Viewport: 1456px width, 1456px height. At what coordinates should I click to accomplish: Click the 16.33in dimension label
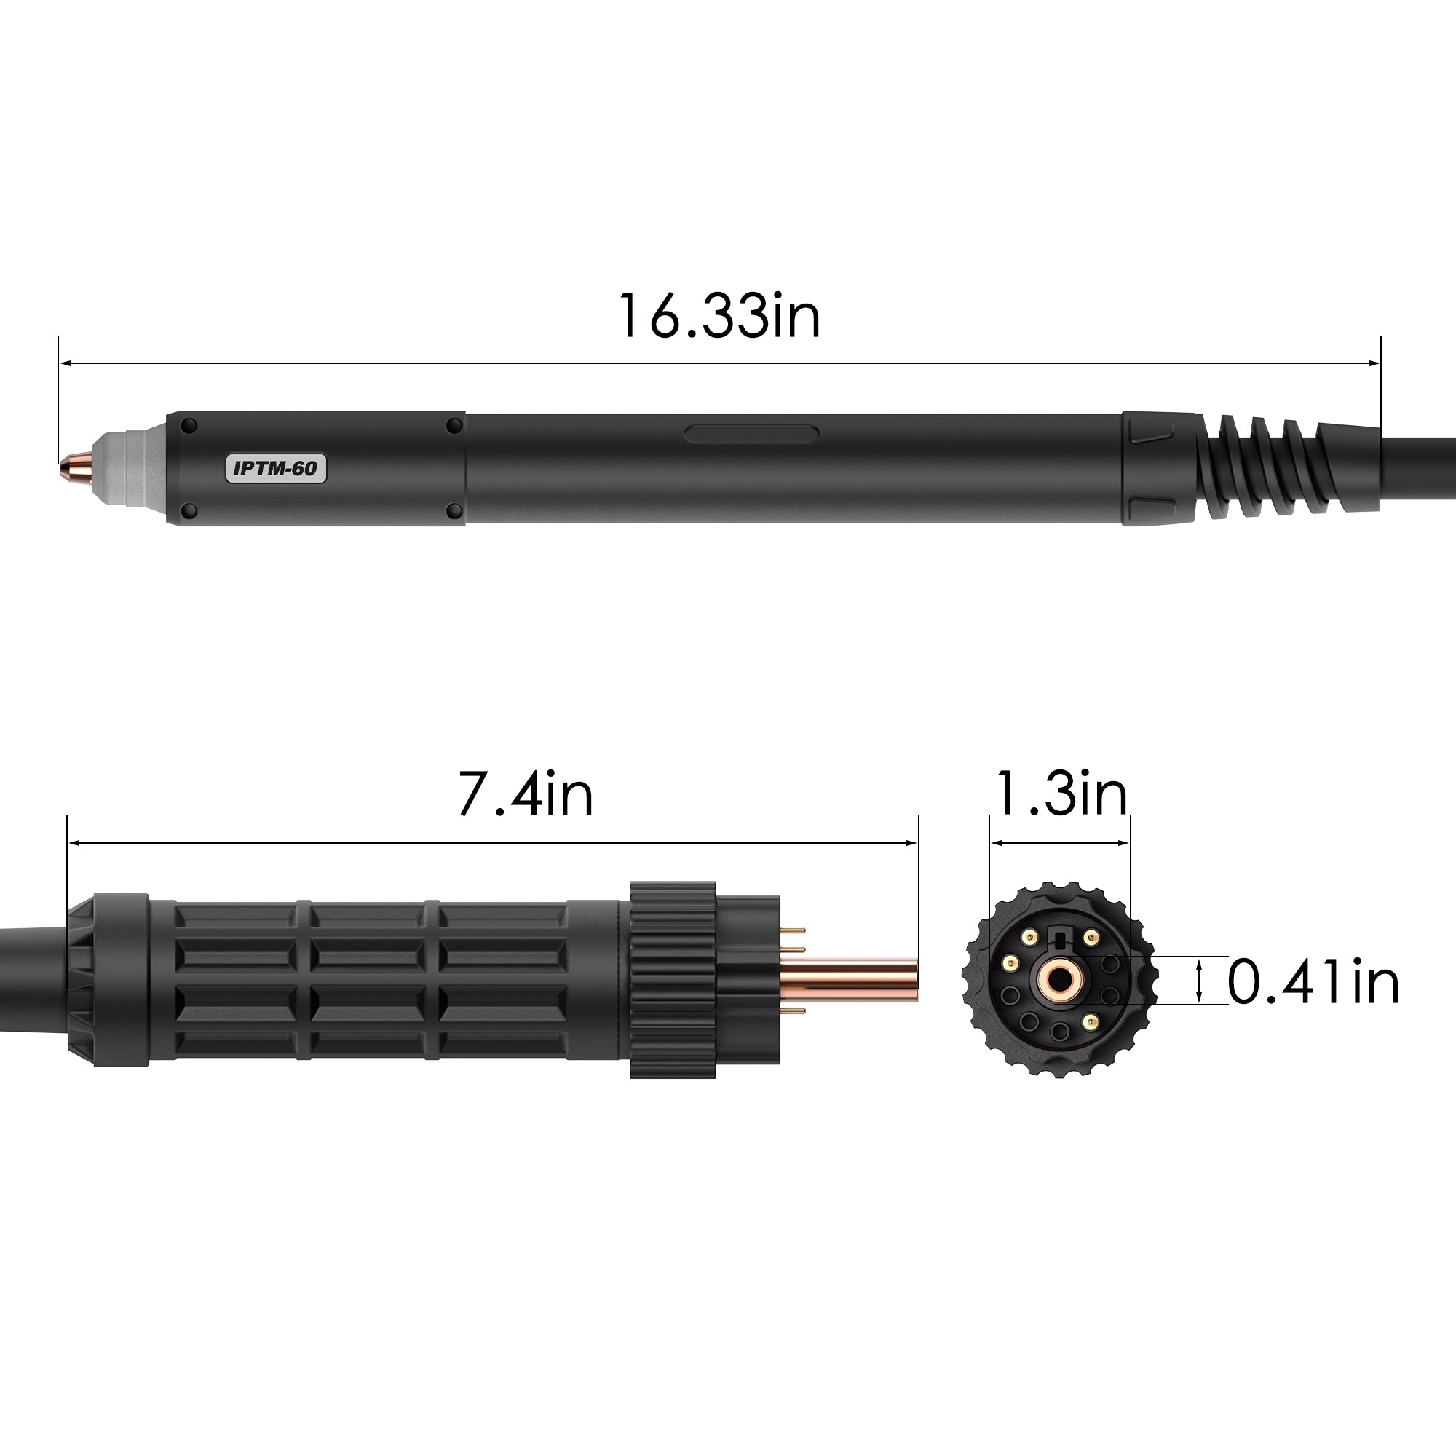click(x=719, y=317)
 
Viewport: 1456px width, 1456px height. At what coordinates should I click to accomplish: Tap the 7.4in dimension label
click(x=526, y=794)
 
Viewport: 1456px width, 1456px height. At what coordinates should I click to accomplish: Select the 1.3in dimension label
click(x=1061, y=794)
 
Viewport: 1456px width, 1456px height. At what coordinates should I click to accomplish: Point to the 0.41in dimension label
click(x=1313, y=981)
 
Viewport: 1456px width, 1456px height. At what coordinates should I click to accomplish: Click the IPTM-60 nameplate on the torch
click(x=276, y=468)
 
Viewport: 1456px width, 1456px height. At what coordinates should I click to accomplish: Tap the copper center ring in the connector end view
click(x=1059, y=981)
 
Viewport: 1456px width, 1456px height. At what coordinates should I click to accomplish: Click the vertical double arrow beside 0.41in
click(x=1199, y=981)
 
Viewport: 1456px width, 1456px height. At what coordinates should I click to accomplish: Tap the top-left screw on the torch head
click(x=189, y=426)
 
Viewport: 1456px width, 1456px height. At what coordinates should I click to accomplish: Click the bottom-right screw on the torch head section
click(x=454, y=512)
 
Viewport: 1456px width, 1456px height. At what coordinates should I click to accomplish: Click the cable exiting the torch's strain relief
click(x=1417, y=468)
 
